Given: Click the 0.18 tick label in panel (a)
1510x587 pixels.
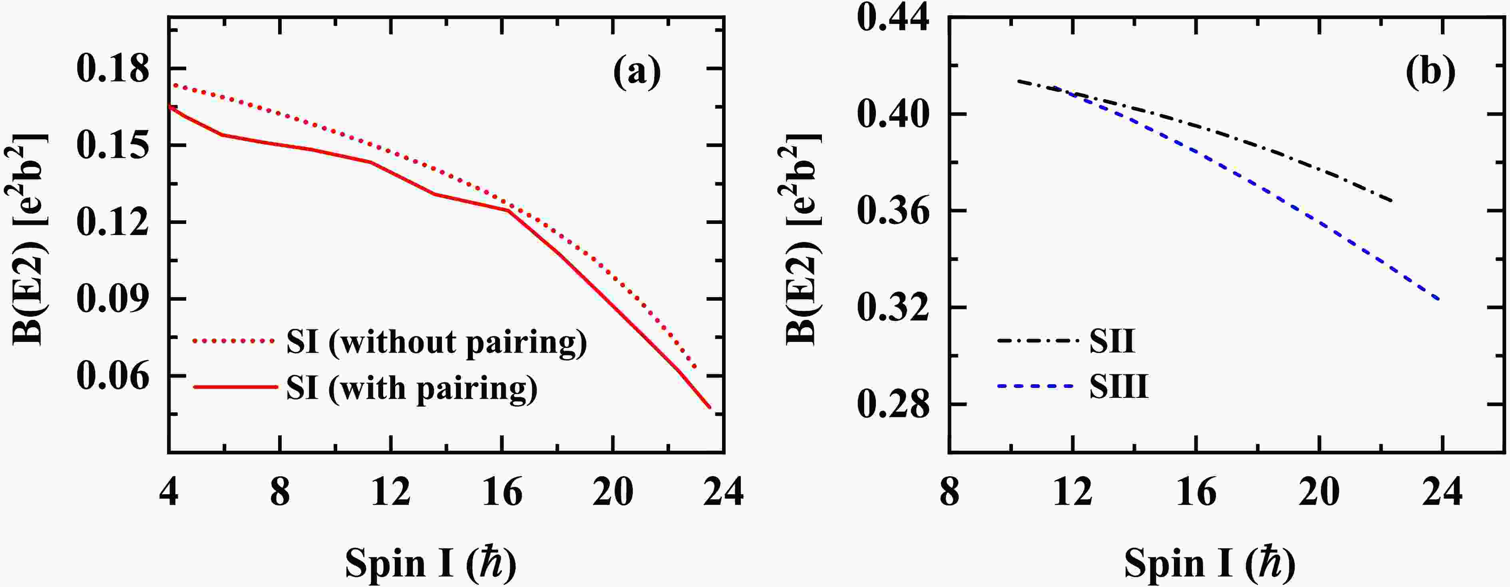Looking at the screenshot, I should click(x=113, y=69).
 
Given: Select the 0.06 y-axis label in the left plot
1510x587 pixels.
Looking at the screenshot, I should click(x=113, y=375).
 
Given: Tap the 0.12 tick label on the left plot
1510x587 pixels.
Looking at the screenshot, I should click(x=113, y=222).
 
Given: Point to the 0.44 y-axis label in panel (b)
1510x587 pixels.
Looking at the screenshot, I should click(x=893, y=19).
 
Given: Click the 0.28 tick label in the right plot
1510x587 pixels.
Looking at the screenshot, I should click(x=893, y=405).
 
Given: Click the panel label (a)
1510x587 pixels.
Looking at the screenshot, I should click(x=637, y=73).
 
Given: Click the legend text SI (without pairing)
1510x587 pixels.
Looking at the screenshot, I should click(x=436, y=342).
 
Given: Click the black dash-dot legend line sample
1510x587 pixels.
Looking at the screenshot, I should click(x=1038, y=340).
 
